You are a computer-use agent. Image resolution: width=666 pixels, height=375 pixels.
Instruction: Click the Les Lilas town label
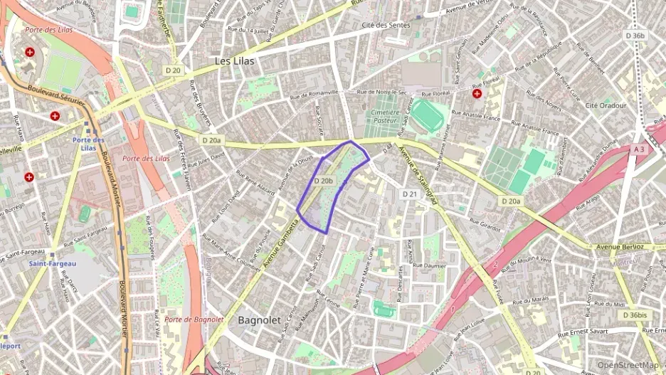(234, 61)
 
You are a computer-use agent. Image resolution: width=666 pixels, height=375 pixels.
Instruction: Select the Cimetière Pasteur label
(386, 117)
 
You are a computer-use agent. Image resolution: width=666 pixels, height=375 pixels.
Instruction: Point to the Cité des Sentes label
(386, 26)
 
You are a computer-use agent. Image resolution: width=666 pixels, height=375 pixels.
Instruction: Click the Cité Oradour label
(606, 105)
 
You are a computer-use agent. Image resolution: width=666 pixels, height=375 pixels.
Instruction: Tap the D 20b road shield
(323, 181)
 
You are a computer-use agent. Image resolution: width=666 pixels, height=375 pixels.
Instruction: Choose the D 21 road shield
(409, 194)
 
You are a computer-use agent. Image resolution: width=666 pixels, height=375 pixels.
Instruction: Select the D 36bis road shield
(635, 315)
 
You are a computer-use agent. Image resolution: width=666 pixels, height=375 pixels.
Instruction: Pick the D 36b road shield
(635, 35)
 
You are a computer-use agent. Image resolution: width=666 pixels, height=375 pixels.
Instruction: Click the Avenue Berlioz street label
(620, 247)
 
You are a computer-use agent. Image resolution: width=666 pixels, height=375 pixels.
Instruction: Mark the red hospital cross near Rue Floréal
(477, 93)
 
